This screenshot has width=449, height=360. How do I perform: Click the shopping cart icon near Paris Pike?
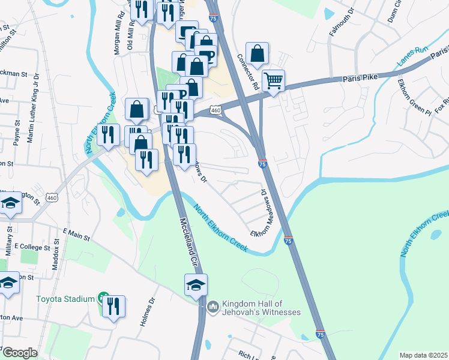tap(273, 80)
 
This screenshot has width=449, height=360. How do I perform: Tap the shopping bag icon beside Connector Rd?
tap(257, 53)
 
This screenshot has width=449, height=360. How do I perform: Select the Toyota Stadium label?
tap(65, 299)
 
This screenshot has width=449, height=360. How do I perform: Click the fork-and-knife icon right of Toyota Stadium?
tap(113, 306)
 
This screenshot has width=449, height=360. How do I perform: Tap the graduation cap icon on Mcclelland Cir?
tap(196, 285)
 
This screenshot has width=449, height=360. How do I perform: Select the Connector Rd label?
tap(247, 73)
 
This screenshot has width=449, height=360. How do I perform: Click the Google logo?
tap(19, 353)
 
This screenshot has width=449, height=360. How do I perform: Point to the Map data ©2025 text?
tap(423, 355)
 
